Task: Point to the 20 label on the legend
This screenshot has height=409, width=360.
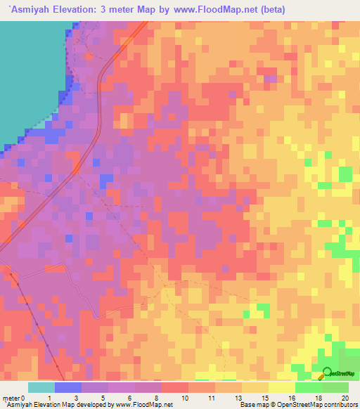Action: (345, 398)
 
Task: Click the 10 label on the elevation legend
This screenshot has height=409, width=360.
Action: (185, 398)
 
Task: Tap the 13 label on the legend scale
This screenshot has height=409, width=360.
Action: (238, 398)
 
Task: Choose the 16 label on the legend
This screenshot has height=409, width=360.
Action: (291, 398)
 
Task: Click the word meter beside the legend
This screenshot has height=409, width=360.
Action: (12, 398)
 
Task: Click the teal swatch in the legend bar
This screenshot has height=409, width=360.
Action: (41, 387)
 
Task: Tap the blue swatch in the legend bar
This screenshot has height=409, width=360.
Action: (68, 387)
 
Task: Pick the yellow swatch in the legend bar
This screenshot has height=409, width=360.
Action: (255, 387)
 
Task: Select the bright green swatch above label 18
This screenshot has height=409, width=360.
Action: (308, 387)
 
